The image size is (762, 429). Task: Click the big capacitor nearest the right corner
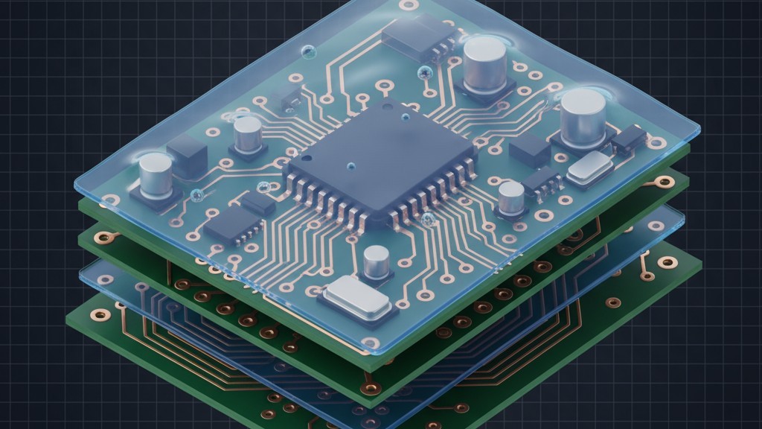point(583,118)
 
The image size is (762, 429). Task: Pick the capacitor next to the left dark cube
point(156,177)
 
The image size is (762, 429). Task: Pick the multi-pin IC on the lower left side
point(232,223)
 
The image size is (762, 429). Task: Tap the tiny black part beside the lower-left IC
point(258,202)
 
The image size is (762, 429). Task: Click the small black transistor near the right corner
point(629,137)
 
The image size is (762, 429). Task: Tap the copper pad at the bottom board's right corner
point(666,262)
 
